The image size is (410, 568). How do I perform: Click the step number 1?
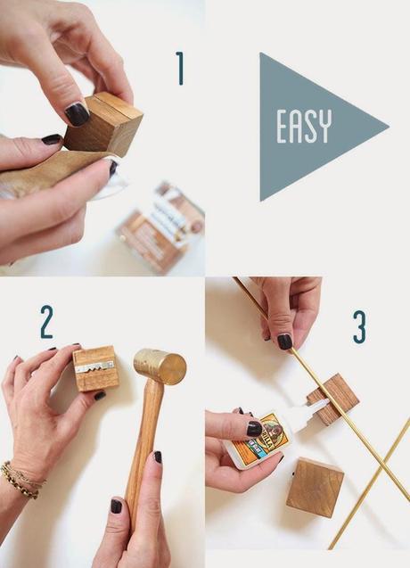(x=179, y=68)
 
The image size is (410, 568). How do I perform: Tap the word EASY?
(x=305, y=127)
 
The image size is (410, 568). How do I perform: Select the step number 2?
(x=46, y=323)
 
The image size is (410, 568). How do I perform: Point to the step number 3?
(x=359, y=327)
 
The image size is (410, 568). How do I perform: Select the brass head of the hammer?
(x=160, y=366)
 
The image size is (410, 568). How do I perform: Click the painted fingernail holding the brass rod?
(x=284, y=341)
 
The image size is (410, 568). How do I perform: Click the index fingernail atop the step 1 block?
(x=78, y=113)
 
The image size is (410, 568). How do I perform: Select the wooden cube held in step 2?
(x=95, y=368)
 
